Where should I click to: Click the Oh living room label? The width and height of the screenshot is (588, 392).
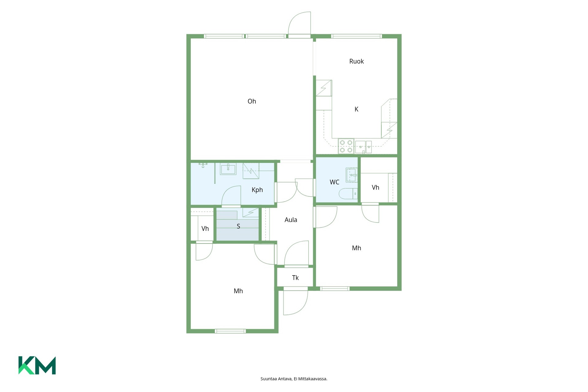(x=252, y=101)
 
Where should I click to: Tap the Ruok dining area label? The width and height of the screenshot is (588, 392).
(x=356, y=61)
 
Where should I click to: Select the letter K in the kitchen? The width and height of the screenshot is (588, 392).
(x=356, y=109)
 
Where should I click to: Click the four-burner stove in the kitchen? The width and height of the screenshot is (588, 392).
(x=346, y=146)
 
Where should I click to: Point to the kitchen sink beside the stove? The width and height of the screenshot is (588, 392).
(x=364, y=147)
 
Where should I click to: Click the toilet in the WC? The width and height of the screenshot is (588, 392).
(x=348, y=194)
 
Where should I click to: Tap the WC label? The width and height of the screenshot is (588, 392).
(x=334, y=182)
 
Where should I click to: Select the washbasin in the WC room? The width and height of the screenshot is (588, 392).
(x=352, y=175)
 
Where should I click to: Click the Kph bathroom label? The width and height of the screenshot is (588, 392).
(x=257, y=190)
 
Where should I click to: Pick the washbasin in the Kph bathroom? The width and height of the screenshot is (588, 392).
(x=228, y=169)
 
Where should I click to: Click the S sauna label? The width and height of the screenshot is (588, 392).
(x=238, y=227)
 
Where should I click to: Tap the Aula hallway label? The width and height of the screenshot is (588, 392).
(x=291, y=220)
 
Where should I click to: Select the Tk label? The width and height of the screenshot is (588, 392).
(x=295, y=278)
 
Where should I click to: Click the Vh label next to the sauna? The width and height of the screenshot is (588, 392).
(x=205, y=229)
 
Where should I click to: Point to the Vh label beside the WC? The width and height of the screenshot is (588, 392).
(x=375, y=187)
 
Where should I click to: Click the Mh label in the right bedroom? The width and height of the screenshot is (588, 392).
(x=356, y=248)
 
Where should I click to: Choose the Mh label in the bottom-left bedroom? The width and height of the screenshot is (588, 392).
(x=238, y=291)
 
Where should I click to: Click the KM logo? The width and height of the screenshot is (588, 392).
(x=37, y=365)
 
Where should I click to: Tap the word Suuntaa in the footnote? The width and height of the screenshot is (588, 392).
(x=269, y=379)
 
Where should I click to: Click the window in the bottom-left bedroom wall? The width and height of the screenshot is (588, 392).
(x=230, y=331)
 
